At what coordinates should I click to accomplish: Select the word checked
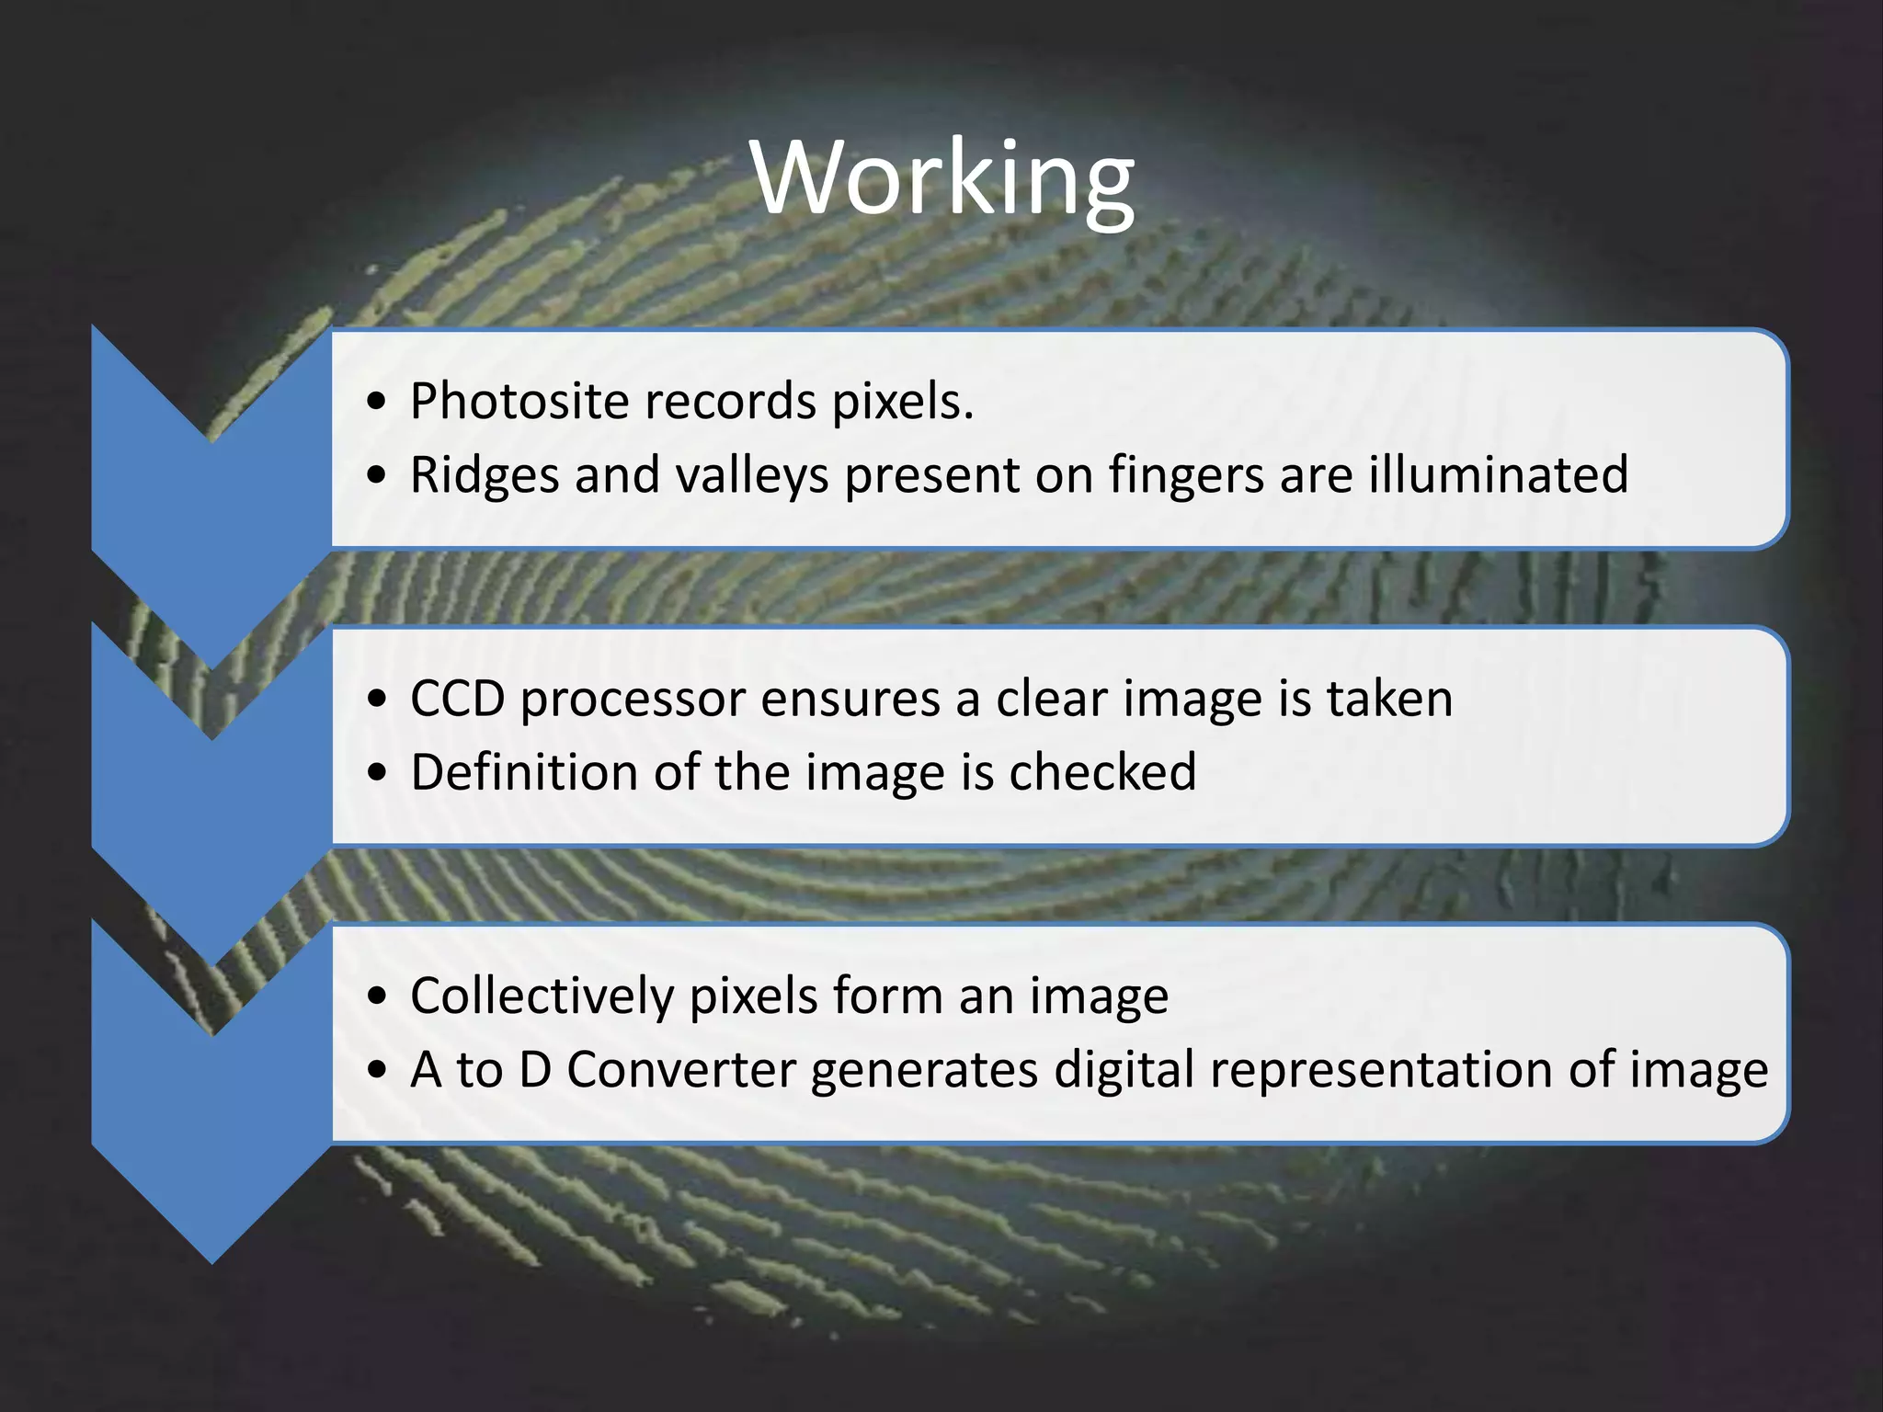pos(1102,772)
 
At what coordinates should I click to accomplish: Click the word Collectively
pos(542,996)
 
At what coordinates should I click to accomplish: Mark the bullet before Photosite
pos(375,403)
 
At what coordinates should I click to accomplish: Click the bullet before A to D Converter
pos(375,1071)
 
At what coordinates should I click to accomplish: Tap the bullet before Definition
pos(375,773)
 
